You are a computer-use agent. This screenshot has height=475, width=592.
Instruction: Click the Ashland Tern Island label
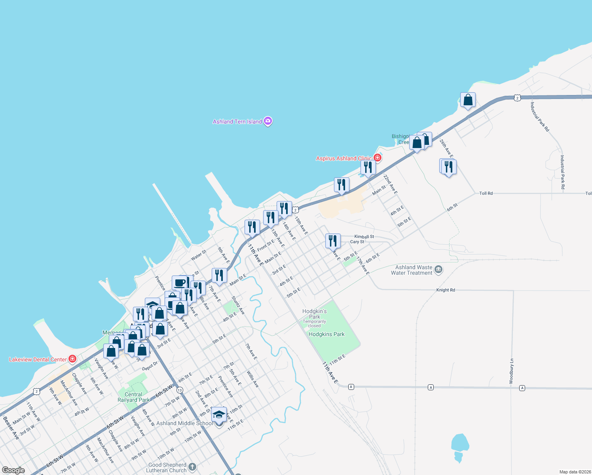pos(237,122)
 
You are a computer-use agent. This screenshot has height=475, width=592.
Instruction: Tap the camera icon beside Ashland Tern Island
pos(268,121)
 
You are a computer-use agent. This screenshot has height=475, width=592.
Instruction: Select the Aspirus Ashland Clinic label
pos(343,158)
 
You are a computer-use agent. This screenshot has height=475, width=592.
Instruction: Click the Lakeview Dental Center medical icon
pos(72,359)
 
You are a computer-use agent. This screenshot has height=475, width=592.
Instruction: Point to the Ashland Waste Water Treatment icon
pos(438,270)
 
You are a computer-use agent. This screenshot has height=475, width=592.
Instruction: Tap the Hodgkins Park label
pos(326,334)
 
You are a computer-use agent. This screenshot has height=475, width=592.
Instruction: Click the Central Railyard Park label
pos(133,397)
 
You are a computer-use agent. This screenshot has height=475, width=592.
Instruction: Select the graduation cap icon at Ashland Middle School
pos(219,415)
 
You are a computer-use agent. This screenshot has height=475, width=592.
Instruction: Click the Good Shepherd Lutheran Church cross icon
pos(192,467)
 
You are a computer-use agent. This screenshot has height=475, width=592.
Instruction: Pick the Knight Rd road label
pos(446,290)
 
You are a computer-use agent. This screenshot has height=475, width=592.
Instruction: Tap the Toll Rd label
pos(486,193)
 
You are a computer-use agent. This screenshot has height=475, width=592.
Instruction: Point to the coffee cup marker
pos(180,283)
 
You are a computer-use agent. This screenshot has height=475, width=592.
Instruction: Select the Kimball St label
pos(364,237)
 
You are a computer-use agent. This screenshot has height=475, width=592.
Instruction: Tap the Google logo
pos(13,470)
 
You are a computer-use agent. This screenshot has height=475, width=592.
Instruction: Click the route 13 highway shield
pos(180,390)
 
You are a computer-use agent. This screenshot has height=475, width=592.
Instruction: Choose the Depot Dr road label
pos(150,366)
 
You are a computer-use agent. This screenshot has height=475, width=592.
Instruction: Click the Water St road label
pos(199,255)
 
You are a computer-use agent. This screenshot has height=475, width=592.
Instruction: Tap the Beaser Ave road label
pos(11,428)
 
